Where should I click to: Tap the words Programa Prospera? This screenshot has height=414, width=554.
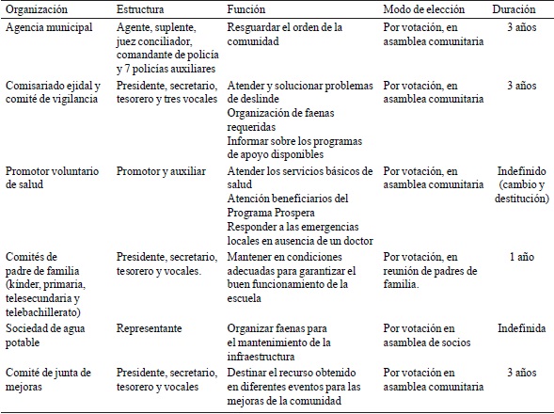pyautogui.click(x=276, y=212)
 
